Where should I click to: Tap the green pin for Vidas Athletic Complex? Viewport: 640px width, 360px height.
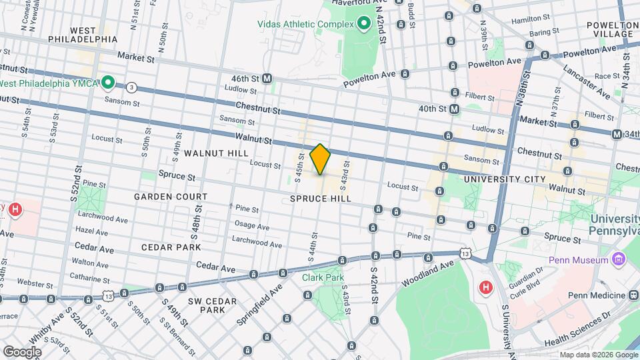[x=363, y=25]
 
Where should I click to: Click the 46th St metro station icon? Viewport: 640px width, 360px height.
[x=267, y=78]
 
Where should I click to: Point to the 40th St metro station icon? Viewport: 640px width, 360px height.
[x=454, y=109]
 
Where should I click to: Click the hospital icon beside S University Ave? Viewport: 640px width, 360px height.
[x=486, y=287]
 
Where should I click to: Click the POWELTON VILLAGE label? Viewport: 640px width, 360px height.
[x=613, y=29]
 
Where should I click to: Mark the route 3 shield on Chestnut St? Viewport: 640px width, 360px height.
[x=132, y=87]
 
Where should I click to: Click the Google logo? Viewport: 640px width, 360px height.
[x=22, y=351]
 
